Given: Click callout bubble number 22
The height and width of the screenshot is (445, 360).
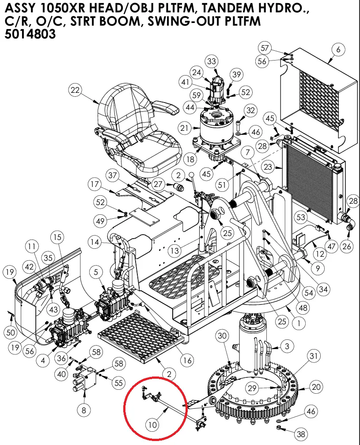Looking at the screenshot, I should coord(76,91).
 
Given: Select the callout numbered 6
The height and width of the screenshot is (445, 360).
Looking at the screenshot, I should coord(338,50).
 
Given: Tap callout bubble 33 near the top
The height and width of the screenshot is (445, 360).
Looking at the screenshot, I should coord(212,61).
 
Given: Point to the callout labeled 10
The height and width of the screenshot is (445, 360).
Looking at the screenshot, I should coord(152,425).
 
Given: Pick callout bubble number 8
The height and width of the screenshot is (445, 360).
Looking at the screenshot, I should coord(84,410).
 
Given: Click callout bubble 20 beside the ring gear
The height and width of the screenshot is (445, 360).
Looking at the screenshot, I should coord(315,387).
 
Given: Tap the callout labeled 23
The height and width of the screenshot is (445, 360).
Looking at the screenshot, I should coord(280,167).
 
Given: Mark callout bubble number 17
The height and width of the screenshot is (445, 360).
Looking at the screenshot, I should coord(95,184).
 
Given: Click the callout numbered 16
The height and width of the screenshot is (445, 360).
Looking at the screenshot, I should coord(188,360).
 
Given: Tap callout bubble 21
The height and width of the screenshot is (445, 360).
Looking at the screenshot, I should coord(185,128).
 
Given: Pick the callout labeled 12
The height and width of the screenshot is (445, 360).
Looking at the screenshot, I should coord(320,254).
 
